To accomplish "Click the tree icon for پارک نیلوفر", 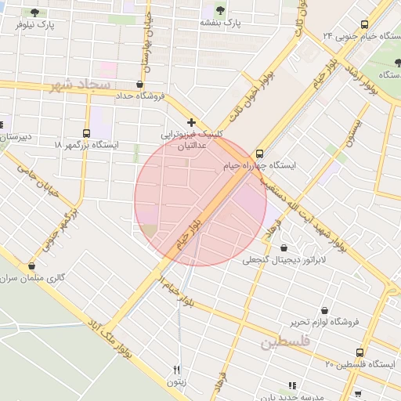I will [34, 13].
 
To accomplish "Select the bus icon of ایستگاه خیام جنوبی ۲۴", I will [363, 25].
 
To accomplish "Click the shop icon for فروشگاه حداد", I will [139, 84].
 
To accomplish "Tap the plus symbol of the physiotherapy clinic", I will [191, 122].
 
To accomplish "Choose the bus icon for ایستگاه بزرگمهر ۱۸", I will [86, 133].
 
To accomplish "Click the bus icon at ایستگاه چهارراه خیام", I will [259, 154].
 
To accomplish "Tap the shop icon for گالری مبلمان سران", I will [31, 266].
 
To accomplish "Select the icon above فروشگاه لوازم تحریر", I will [325, 310].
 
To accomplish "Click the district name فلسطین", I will [286, 342].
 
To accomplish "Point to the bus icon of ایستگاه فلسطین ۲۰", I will [359, 352].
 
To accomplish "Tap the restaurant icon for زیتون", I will [176, 370].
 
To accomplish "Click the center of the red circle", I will [200, 200].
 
